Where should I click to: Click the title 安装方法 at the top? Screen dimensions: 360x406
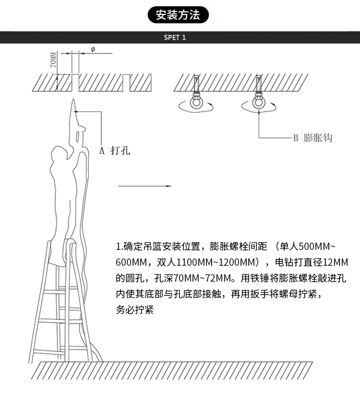tap(180, 15)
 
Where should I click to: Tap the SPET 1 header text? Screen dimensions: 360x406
tap(175, 37)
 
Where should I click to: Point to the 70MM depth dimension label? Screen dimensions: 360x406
tap(53, 61)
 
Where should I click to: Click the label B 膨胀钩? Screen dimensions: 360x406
tap(312, 138)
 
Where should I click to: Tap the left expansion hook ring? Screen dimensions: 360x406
tap(196, 104)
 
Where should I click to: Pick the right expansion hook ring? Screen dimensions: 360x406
tap(259, 104)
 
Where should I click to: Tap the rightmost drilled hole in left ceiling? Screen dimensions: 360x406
tap(126, 82)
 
